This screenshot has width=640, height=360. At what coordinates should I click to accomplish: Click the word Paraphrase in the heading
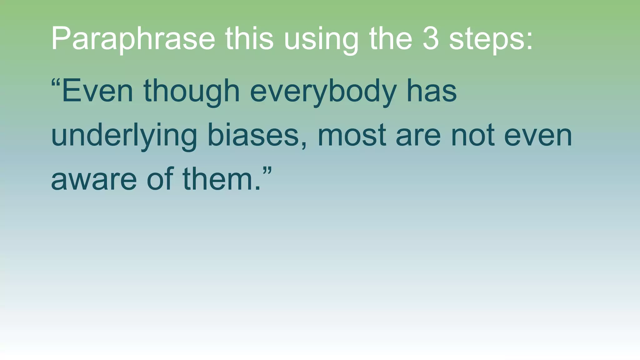click(133, 39)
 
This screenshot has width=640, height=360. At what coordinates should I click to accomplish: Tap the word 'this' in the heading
click(249, 38)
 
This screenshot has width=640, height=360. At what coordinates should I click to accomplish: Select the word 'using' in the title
click(321, 40)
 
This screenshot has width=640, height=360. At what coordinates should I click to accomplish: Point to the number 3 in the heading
click(430, 38)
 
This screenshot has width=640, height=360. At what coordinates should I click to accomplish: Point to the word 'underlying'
click(124, 136)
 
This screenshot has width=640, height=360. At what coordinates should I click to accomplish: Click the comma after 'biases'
click(304, 146)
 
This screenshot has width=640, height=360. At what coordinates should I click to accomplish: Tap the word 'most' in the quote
click(352, 136)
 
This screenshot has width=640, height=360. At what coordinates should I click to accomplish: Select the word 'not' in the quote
click(473, 136)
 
